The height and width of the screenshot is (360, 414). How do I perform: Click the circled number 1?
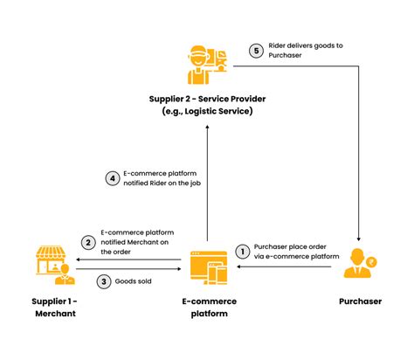coord(242,251)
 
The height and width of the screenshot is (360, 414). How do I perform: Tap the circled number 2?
coord(88,242)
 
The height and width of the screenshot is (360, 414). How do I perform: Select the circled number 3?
coord(103,281)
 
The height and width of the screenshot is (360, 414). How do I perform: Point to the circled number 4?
coord(112,179)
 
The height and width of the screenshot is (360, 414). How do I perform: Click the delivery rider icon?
coord(206,61)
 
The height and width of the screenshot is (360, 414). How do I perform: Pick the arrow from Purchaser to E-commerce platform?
coord(279,268)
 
